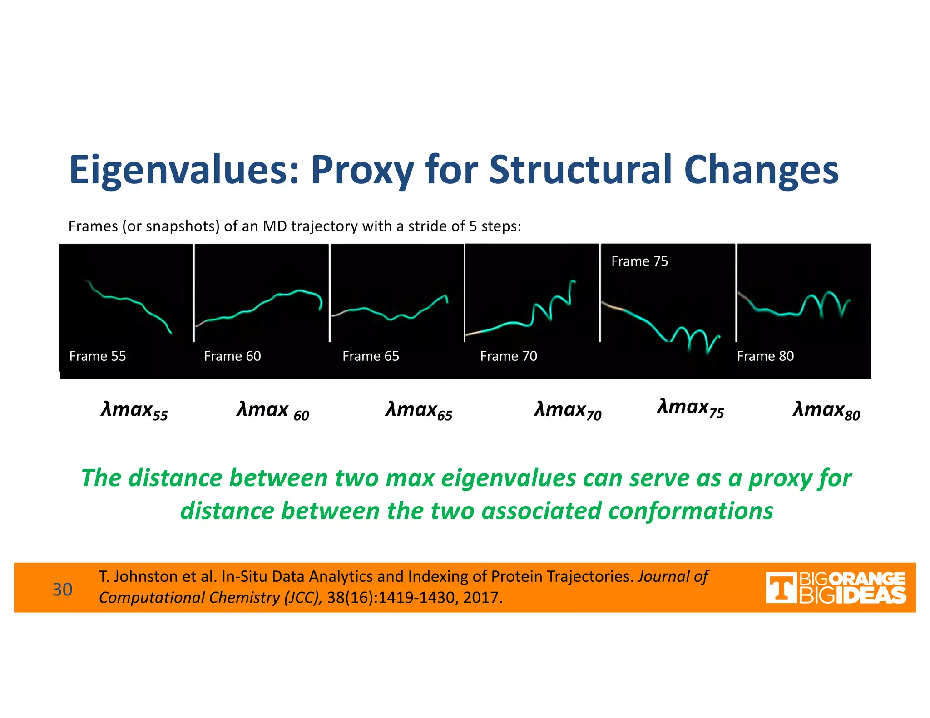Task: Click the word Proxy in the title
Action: click(362, 170)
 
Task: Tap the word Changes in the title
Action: click(761, 170)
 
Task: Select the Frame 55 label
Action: click(98, 356)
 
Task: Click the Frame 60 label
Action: click(232, 356)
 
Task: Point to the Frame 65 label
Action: click(371, 356)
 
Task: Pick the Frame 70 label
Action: click(509, 356)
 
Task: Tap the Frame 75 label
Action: click(639, 261)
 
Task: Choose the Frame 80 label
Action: click(765, 356)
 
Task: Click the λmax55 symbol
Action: click(134, 410)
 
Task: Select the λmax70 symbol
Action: click(568, 410)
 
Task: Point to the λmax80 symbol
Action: click(826, 410)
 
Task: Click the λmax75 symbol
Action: click(690, 408)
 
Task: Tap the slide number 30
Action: click(62, 589)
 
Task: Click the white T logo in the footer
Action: click(781, 588)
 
